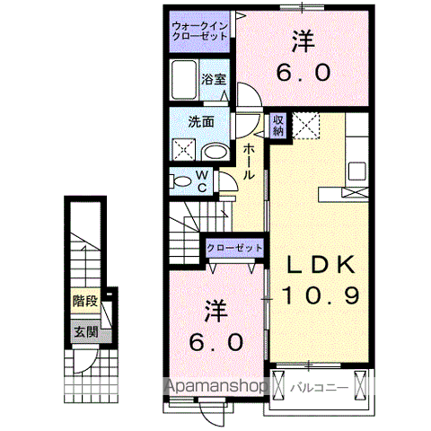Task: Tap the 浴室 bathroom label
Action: click(x=214, y=79)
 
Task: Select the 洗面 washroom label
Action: click(x=200, y=121)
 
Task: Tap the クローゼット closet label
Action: click(x=235, y=247)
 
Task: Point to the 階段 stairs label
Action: click(x=85, y=303)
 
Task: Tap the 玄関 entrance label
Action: click(x=85, y=332)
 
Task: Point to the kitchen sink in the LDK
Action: click(x=355, y=171)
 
